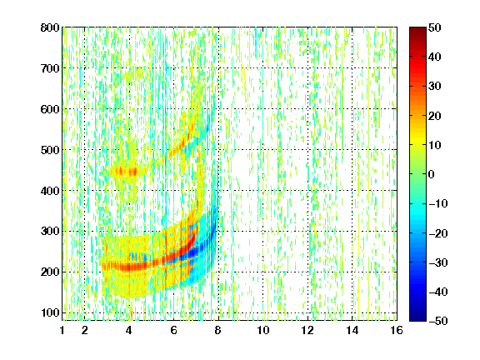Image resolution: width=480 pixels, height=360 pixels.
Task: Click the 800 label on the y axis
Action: coord(50,27)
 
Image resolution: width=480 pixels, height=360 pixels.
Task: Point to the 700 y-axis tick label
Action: coord(50,68)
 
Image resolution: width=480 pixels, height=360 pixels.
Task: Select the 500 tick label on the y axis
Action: coord(50,150)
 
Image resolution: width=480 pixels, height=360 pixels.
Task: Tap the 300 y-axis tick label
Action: coord(50,232)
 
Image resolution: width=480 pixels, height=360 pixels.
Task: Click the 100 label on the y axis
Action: coord(50,312)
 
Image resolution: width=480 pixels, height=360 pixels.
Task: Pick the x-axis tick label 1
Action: coord(62,330)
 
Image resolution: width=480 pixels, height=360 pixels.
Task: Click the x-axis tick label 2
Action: coord(84,330)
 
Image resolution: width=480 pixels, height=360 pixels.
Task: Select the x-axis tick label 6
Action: coord(173,330)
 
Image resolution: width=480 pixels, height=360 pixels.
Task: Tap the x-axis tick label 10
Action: coord(263,330)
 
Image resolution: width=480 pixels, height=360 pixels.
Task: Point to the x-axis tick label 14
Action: coord(352,330)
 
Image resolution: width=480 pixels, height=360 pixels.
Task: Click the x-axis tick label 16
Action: coord(397,330)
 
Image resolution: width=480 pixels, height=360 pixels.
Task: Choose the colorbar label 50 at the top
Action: coord(435,27)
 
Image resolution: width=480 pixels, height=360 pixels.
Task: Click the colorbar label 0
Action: coord(432,174)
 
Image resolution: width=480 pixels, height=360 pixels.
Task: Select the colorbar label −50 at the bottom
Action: coord(438,321)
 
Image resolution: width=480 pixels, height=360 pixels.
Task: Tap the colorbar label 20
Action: coord(435,116)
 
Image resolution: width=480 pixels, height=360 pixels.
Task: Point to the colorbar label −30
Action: coord(438,262)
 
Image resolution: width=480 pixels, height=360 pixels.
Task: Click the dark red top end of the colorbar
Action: coord(417,30)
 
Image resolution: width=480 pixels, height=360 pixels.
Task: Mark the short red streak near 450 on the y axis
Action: coord(126,172)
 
